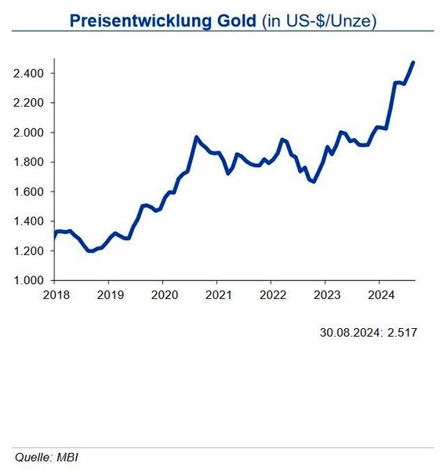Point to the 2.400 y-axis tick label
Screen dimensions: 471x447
coord(28,74)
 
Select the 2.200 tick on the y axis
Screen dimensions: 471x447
coord(28,103)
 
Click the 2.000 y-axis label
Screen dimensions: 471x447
coord(28,133)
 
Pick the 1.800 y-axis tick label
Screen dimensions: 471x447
coord(28,162)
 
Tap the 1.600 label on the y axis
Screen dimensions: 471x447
coord(28,192)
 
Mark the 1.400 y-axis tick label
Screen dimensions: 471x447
coord(28,221)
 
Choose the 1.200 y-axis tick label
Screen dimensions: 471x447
coord(28,251)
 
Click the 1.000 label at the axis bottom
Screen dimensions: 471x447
coord(28,280)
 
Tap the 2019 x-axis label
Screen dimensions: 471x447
coord(109,295)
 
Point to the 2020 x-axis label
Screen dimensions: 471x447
coord(163,295)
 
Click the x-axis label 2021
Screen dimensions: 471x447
coord(217,295)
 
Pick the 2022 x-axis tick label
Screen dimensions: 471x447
coord(271,295)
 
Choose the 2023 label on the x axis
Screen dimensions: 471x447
coord(326,295)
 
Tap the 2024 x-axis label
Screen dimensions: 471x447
coord(380,295)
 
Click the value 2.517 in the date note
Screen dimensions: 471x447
coord(402,332)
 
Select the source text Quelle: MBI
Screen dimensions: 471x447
coord(46,457)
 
